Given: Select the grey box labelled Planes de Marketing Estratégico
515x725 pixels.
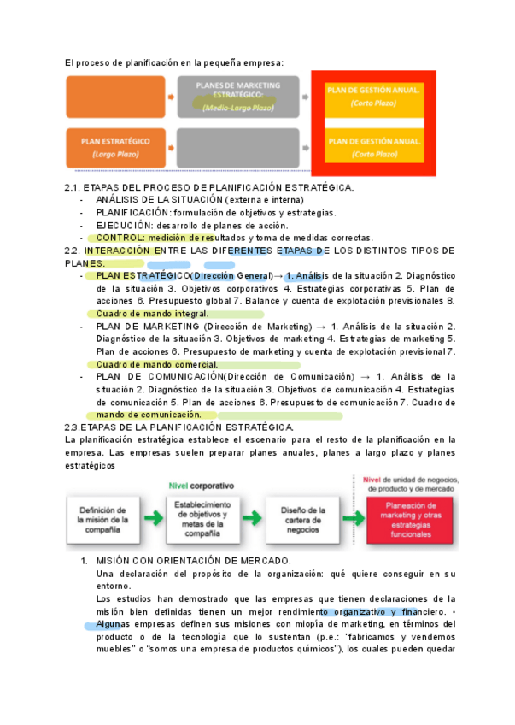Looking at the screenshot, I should (x=238, y=97).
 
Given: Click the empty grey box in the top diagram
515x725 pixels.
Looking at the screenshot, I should (x=237, y=147).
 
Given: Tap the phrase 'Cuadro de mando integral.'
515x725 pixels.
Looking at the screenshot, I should (x=153, y=314).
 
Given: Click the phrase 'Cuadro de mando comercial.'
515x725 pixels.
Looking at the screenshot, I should (x=158, y=364).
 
